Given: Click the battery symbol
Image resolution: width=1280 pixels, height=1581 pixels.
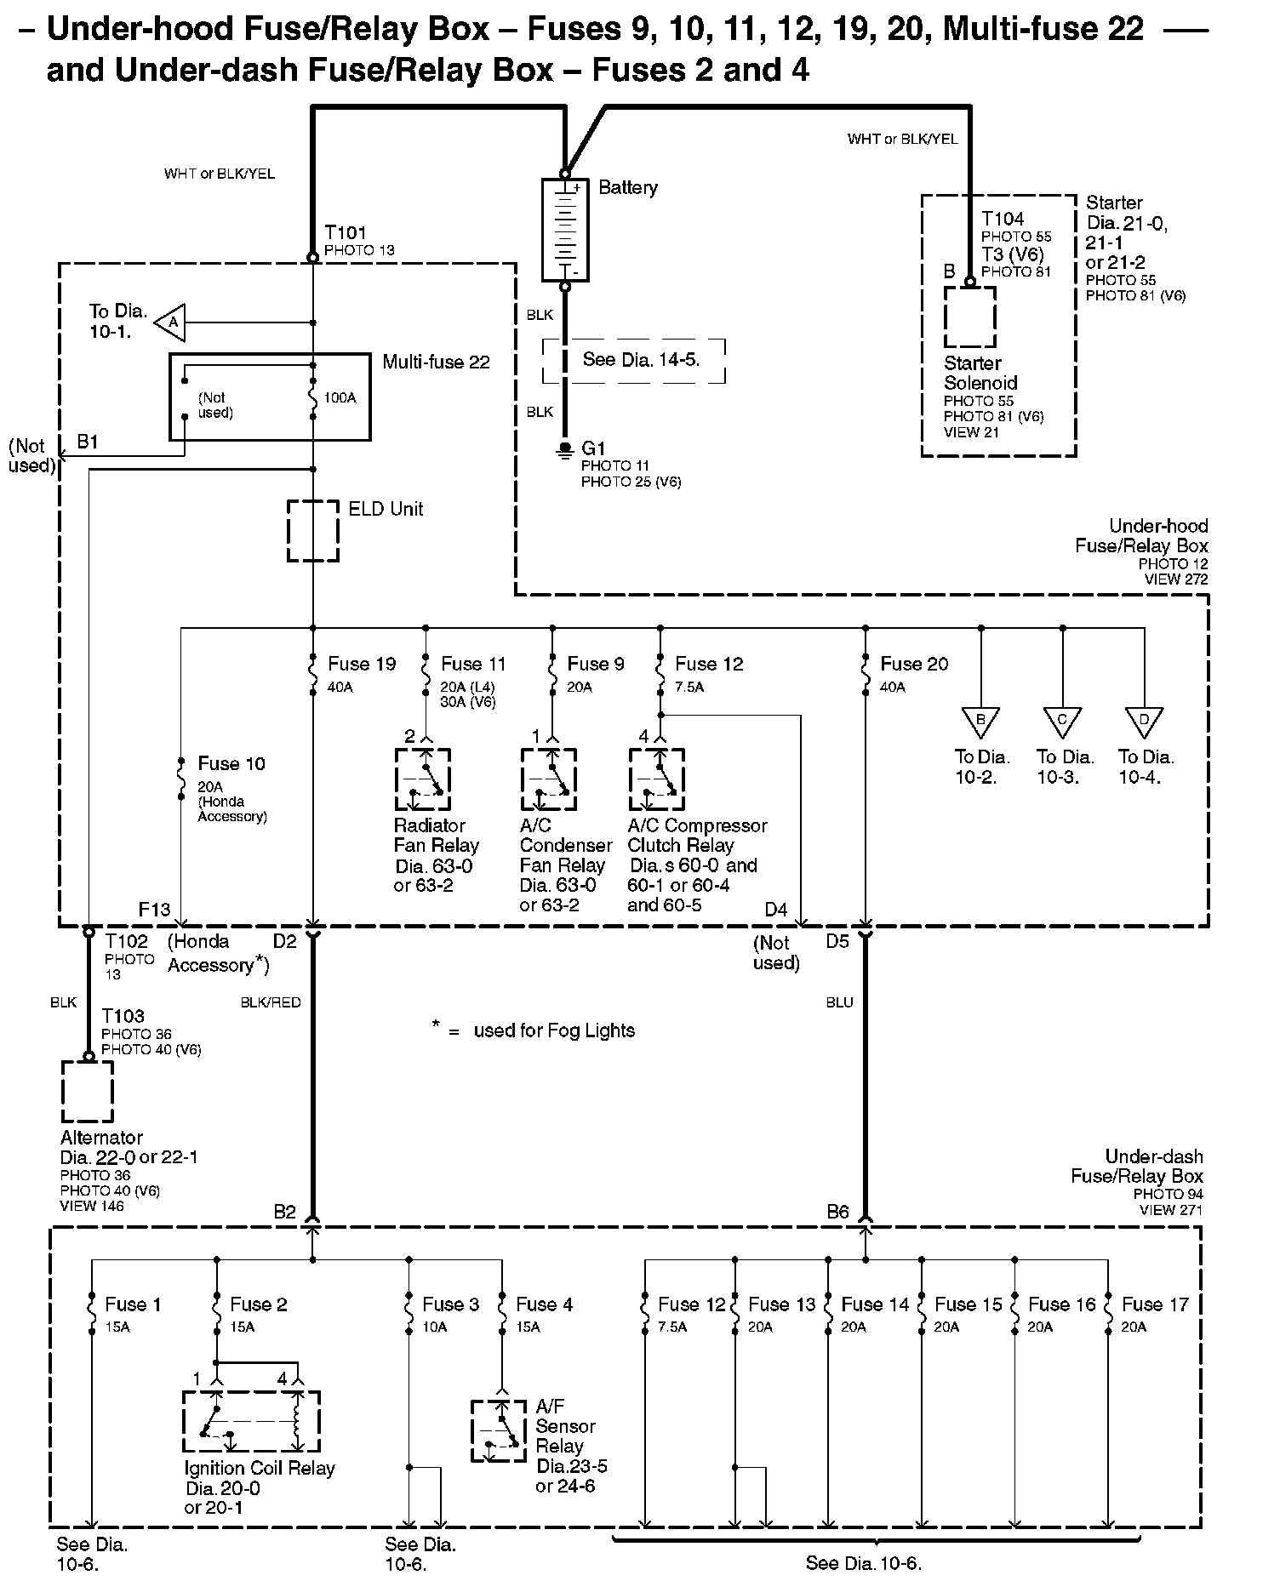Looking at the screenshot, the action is point(565,229).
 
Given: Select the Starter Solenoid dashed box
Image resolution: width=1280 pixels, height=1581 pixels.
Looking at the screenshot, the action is point(969,317).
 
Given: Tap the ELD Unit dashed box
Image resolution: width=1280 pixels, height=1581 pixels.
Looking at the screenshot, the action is point(313,531).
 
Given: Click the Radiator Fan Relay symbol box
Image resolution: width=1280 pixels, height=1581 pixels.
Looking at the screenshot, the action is point(423,779).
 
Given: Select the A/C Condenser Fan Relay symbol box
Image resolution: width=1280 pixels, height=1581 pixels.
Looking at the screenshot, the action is point(549,779).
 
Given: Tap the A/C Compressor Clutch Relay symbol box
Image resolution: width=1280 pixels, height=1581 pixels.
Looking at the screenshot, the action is point(656,779).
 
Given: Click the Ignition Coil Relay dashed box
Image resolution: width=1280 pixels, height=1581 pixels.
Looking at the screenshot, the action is point(252,1422).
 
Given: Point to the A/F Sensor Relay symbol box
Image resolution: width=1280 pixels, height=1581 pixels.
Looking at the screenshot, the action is point(499,1430).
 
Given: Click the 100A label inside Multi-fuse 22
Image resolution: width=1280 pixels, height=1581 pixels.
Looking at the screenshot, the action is point(340,397).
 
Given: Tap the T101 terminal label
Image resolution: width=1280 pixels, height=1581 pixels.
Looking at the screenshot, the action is point(346,232).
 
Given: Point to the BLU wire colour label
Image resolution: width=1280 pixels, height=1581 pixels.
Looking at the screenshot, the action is point(839,1002).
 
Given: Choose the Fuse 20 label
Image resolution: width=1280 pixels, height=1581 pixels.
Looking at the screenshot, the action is point(914,664).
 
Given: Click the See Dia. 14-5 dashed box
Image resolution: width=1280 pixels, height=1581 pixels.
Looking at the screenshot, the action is point(634,361).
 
